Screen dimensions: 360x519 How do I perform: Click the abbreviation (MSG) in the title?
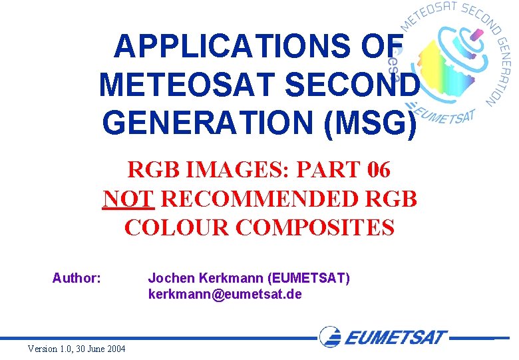click(375, 123)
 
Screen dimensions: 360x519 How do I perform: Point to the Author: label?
click(77, 277)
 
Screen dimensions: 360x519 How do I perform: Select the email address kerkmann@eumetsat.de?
click(224, 293)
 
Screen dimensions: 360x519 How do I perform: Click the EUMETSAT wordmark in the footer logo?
click(395, 337)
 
